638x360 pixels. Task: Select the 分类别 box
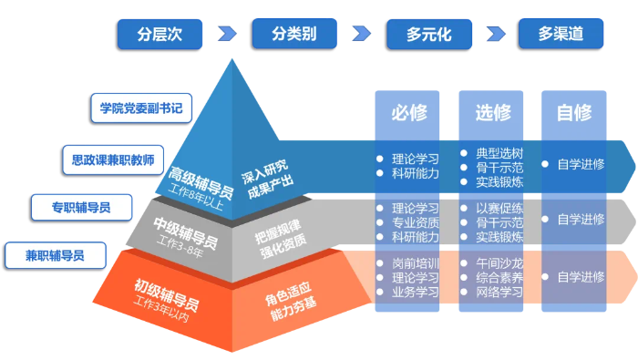pyautogui.click(x=293, y=34)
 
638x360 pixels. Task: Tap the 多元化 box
pyautogui.click(x=428, y=34)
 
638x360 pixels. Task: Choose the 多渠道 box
pyautogui.click(x=561, y=34)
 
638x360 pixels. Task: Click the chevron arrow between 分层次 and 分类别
pyautogui.click(x=226, y=34)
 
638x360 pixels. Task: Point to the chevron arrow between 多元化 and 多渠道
pyautogui.click(x=495, y=34)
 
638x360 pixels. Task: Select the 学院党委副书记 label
pyautogui.click(x=141, y=108)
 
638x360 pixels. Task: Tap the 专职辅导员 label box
pyautogui.click(x=81, y=207)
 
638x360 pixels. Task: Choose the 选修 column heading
pyautogui.click(x=492, y=113)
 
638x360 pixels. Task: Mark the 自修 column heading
pyautogui.click(x=574, y=113)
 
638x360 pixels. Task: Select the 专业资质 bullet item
pyautogui.click(x=415, y=221)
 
